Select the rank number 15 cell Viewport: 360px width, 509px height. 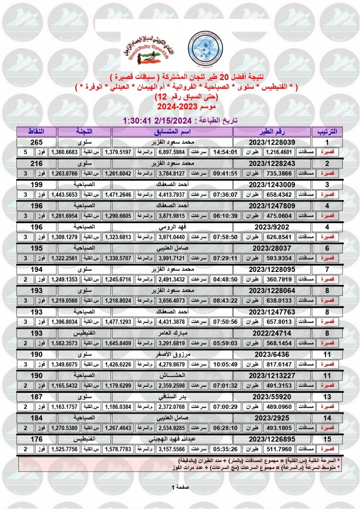(327, 439)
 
